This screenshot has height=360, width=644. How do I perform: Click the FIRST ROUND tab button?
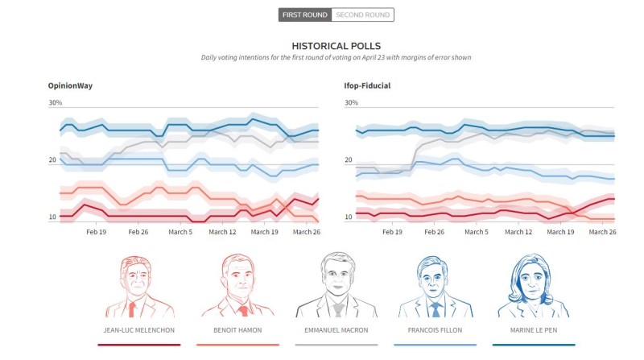[x=304, y=14]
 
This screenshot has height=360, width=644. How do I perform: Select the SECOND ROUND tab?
[x=363, y=14]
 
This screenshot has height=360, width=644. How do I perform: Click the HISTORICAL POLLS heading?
[x=336, y=46]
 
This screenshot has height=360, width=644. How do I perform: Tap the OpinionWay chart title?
[x=72, y=85]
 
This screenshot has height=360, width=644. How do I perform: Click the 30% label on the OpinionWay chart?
[x=56, y=103]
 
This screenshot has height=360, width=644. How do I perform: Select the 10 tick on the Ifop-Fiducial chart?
[x=349, y=217]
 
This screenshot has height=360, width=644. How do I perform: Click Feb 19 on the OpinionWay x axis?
[x=97, y=232]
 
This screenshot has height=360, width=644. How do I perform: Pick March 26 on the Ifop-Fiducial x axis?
[x=601, y=232]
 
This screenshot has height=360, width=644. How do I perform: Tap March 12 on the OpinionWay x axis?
[x=221, y=232]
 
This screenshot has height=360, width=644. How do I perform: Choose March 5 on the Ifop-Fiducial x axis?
[x=475, y=232]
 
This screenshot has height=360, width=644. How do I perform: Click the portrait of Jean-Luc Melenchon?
[x=138, y=286]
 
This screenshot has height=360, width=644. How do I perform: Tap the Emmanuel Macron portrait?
[x=335, y=286]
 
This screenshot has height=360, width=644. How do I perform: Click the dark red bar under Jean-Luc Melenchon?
[x=138, y=345]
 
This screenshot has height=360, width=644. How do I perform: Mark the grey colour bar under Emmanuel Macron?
[x=335, y=345]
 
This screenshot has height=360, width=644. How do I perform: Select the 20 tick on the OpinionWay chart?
[x=53, y=160]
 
